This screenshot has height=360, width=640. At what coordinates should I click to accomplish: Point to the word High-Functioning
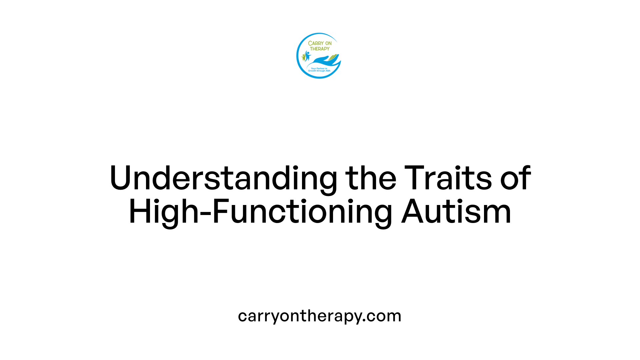pos(260,212)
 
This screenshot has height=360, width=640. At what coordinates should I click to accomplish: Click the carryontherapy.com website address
pos(319,316)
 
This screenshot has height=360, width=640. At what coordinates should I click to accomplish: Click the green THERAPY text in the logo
pos(320,49)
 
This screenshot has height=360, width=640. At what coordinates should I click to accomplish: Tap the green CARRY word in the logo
pos(315,43)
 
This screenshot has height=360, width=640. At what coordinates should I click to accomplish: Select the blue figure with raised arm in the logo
pos(307,56)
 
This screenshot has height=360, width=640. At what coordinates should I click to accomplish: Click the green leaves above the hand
pos(333,58)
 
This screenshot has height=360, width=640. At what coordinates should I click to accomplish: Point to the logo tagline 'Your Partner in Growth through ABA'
pos(319,70)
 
